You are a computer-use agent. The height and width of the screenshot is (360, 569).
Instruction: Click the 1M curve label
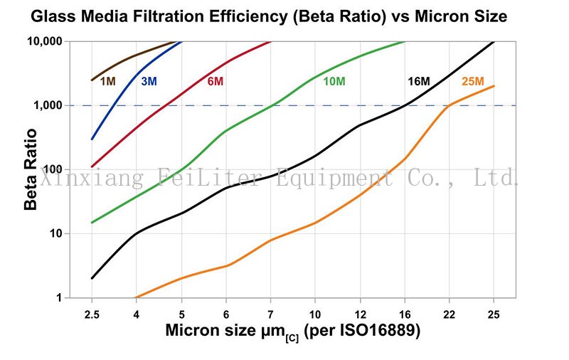107,81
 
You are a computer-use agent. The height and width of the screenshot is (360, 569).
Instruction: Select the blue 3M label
148,81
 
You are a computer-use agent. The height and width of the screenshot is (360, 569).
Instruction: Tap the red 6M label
216,81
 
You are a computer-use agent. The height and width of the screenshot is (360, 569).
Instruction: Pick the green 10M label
334,81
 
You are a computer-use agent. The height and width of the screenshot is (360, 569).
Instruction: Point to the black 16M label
418,81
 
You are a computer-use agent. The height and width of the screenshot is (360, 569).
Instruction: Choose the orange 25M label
473,81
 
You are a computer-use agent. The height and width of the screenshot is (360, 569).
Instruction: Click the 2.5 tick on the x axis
92,313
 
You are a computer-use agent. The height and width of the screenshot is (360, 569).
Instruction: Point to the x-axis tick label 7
271,313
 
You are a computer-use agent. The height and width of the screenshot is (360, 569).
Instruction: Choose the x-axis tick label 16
405,313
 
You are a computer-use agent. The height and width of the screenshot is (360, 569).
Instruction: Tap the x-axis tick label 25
494,313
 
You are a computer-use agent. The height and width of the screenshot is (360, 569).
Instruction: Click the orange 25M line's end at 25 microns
494,86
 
